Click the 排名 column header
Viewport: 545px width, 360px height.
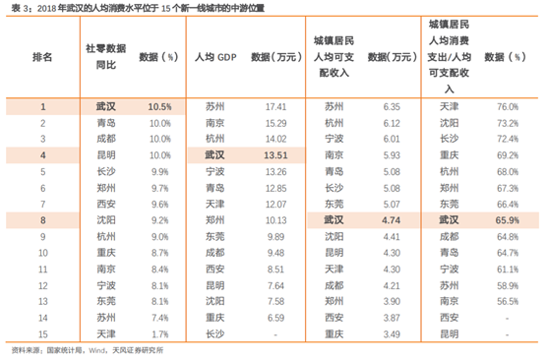click(43, 58)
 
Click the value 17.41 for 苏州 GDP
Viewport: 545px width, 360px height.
click(275, 105)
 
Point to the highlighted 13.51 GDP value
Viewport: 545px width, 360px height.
click(274, 155)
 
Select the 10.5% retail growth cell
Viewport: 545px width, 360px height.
click(159, 105)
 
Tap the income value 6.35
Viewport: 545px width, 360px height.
click(392, 105)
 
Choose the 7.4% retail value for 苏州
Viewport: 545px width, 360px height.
click(161, 318)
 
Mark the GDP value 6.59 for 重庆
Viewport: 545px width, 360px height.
click(275, 318)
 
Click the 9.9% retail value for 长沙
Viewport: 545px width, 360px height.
click(161, 171)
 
